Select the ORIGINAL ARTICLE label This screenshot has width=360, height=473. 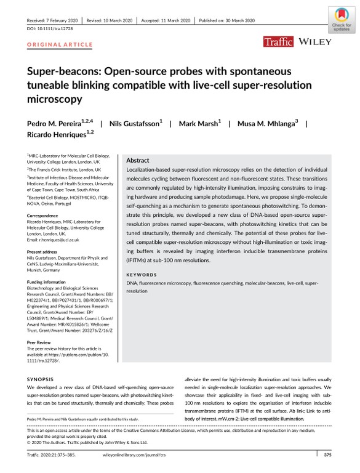click(x=50, y=46)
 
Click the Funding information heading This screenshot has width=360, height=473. click(x=50, y=280)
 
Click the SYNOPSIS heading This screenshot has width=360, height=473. click(x=41, y=379)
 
